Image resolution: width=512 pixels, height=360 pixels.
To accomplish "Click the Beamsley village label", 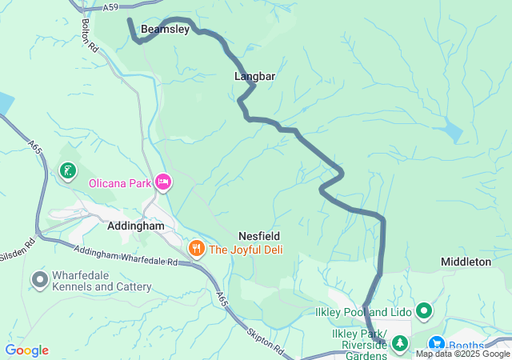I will point(165,29).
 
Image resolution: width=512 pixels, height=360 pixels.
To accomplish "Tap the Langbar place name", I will point(254,76).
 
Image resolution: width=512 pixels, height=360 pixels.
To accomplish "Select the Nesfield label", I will point(258,236).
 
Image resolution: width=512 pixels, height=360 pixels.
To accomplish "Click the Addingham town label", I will point(135,226).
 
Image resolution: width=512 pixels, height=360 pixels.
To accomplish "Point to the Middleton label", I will point(466,262).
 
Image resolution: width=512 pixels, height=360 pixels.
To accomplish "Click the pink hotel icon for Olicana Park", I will point(163,183).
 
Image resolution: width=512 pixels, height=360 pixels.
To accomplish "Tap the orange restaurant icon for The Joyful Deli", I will point(196,250).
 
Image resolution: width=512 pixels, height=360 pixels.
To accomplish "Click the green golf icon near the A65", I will point(68,170).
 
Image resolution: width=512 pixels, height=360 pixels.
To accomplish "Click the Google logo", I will point(26,350).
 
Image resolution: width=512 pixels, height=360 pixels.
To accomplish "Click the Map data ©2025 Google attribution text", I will point(462,354).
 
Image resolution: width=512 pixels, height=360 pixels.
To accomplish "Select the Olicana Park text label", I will point(119,183).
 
